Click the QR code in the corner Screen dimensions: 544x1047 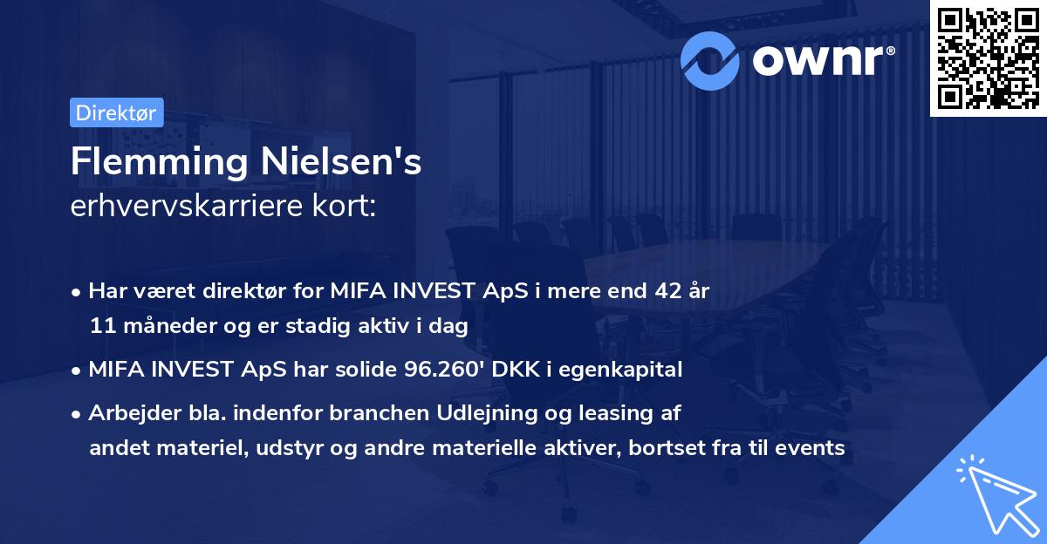(988, 58)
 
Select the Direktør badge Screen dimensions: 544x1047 (116, 113)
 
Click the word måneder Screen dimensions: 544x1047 (157, 326)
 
